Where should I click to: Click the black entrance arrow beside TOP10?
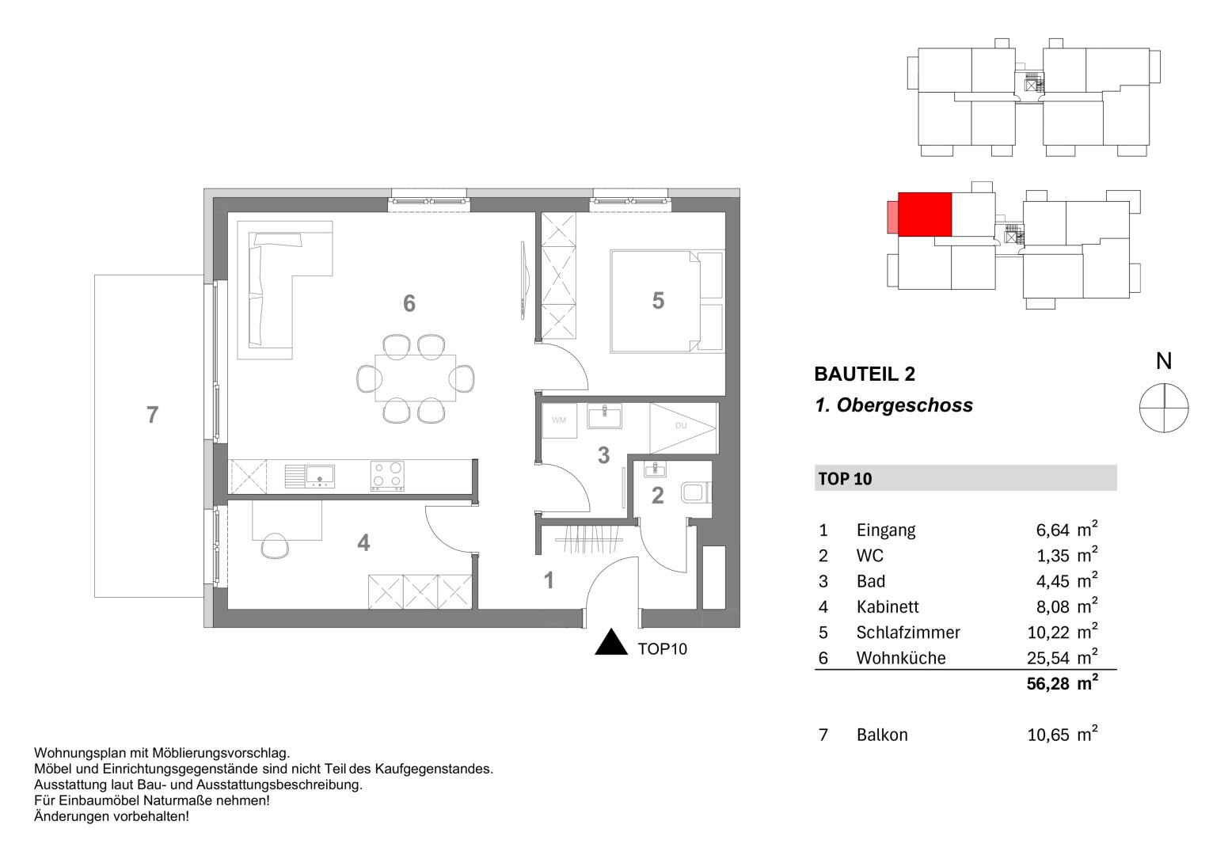pos(611,643)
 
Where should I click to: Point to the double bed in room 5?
pos(667,301)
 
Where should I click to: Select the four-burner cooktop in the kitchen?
pos(387,477)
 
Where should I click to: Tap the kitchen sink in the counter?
pos(319,475)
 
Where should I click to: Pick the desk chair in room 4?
pos(275,545)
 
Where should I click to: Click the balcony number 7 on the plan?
pos(153,414)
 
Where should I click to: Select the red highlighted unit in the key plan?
pos(924,214)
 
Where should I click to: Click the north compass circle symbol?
pos(1163,407)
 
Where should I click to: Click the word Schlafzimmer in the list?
pos(907,633)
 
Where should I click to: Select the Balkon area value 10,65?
pos(1047,735)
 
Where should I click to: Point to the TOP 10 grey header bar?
pos(965,478)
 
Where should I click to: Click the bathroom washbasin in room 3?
pos(605,416)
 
